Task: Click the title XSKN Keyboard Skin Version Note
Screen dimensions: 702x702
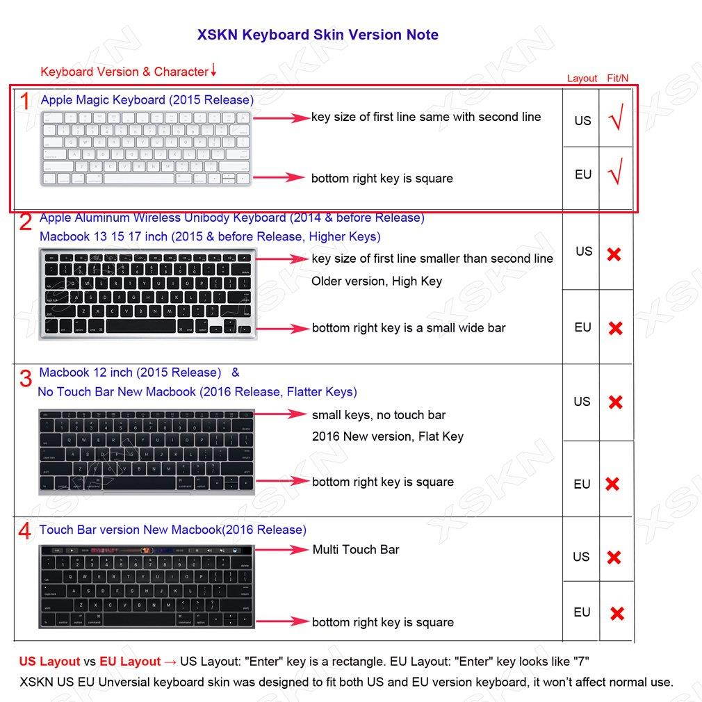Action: pyautogui.click(x=318, y=35)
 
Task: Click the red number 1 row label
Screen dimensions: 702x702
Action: pyautogui.click(x=24, y=102)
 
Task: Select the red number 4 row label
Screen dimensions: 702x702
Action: pyautogui.click(x=24, y=532)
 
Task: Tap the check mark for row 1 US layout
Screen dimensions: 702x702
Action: pyautogui.click(x=615, y=120)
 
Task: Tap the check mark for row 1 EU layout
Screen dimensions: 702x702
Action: pyautogui.click(x=615, y=172)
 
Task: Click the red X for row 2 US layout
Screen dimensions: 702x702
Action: pyautogui.click(x=614, y=254)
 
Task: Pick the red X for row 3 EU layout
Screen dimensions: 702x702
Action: pyautogui.click(x=612, y=484)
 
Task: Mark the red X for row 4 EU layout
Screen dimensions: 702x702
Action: pyautogui.click(x=617, y=613)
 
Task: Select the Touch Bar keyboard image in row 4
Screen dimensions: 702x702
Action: pyautogui.click(x=147, y=587)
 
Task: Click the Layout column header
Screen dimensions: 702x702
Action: pyautogui.click(x=582, y=79)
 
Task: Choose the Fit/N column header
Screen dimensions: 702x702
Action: pyautogui.click(x=618, y=79)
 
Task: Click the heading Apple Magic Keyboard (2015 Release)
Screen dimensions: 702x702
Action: pyautogui.click(x=147, y=100)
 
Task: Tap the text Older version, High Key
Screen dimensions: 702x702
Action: pyautogui.click(x=377, y=281)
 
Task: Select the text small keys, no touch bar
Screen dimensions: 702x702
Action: pyautogui.click(x=379, y=415)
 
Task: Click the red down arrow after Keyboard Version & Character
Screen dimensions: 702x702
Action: pyautogui.click(x=213, y=70)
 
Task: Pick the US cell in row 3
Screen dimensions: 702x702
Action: pyautogui.click(x=582, y=402)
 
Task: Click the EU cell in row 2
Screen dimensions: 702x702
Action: pyautogui.click(x=582, y=327)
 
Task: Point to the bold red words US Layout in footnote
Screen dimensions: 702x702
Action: pyautogui.click(x=50, y=662)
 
